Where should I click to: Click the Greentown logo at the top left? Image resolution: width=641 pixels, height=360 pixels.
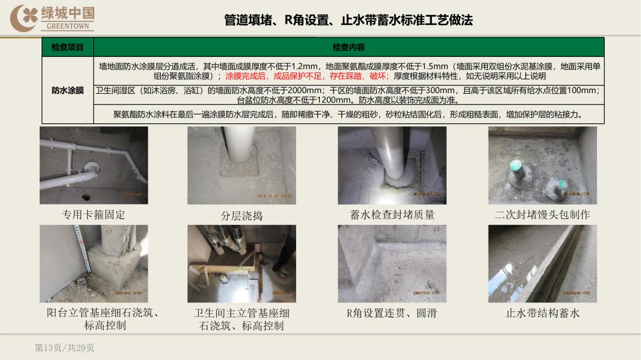(x=52, y=18)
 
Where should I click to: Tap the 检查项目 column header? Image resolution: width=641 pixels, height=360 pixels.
(x=68, y=47)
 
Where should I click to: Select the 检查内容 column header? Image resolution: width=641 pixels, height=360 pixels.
(x=348, y=47)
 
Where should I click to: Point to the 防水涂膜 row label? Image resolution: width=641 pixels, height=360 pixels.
(x=68, y=91)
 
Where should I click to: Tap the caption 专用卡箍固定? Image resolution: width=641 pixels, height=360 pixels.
(x=94, y=215)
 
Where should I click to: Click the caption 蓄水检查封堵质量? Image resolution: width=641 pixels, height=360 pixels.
(x=392, y=215)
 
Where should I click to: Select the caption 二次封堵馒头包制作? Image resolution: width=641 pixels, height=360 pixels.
(x=542, y=215)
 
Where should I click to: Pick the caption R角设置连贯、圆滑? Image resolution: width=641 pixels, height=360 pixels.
(x=392, y=313)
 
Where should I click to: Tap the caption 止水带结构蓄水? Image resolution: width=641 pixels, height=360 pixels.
(x=542, y=313)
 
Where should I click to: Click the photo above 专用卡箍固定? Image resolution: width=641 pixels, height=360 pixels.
(x=94, y=165)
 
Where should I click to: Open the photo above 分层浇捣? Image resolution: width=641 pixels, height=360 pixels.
(x=242, y=165)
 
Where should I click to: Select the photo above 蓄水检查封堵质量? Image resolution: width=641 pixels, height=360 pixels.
(x=392, y=165)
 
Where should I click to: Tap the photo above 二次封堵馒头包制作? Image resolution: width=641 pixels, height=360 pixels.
(x=542, y=165)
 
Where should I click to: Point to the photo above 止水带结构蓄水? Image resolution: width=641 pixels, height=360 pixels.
(x=542, y=264)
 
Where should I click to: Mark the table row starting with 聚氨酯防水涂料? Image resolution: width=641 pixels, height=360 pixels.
(x=348, y=114)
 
